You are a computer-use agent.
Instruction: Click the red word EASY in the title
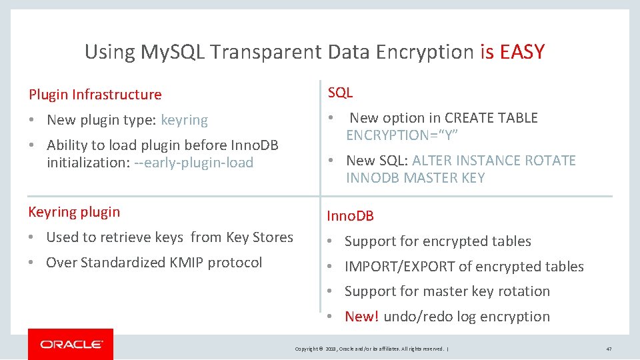click(522, 51)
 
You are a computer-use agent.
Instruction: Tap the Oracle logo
click(71, 344)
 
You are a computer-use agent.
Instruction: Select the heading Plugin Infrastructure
click(95, 95)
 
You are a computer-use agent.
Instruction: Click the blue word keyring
click(184, 120)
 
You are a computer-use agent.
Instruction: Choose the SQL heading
click(340, 93)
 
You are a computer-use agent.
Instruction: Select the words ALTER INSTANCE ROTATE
click(494, 161)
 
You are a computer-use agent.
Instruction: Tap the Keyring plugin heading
click(74, 212)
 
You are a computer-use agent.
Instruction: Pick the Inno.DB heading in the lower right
click(350, 216)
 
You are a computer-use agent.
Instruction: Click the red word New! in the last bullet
click(361, 317)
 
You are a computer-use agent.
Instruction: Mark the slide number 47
click(609, 349)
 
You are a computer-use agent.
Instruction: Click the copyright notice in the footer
click(371, 349)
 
